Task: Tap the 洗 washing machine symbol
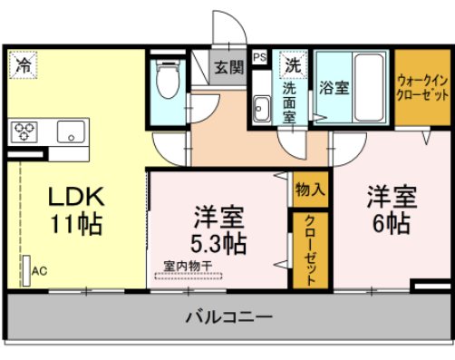[x=292, y=65]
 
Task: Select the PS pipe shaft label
[x=260, y=56]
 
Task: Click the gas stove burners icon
[x=24, y=131]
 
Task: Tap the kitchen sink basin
[x=69, y=131]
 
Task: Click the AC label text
[x=39, y=270]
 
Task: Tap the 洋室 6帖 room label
[x=391, y=208]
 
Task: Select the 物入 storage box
[x=305, y=190]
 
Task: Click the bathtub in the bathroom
[x=367, y=88]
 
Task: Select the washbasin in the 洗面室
[x=262, y=108]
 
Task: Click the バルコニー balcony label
[x=228, y=317]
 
